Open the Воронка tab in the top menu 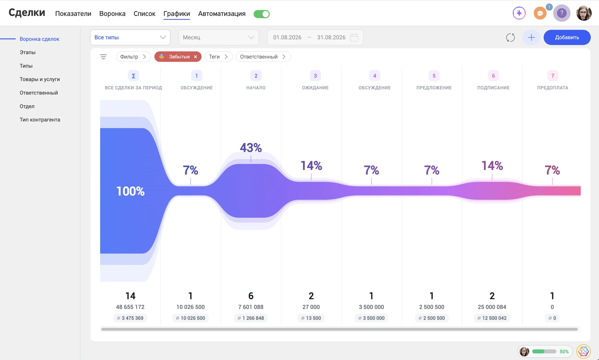coord(112,14)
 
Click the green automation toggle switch coord(262,14)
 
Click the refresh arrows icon coord(510,38)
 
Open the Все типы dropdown coord(130,37)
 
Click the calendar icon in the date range coord(354,37)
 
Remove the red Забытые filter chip coord(195,57)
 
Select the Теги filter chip coord(218,57)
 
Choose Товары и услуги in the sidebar coord(40,79)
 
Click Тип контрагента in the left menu coord(40,120)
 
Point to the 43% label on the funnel coord(251,148)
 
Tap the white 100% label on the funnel coord(130,191)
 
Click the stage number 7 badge coord(553,76)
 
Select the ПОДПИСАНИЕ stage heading coord(493,88)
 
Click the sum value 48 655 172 coord(130,307)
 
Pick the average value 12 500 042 coord(492,318)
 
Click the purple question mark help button coord(562,13)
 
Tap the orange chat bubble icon coord(540,13)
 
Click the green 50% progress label coord(564,351)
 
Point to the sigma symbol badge coord(133,76)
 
